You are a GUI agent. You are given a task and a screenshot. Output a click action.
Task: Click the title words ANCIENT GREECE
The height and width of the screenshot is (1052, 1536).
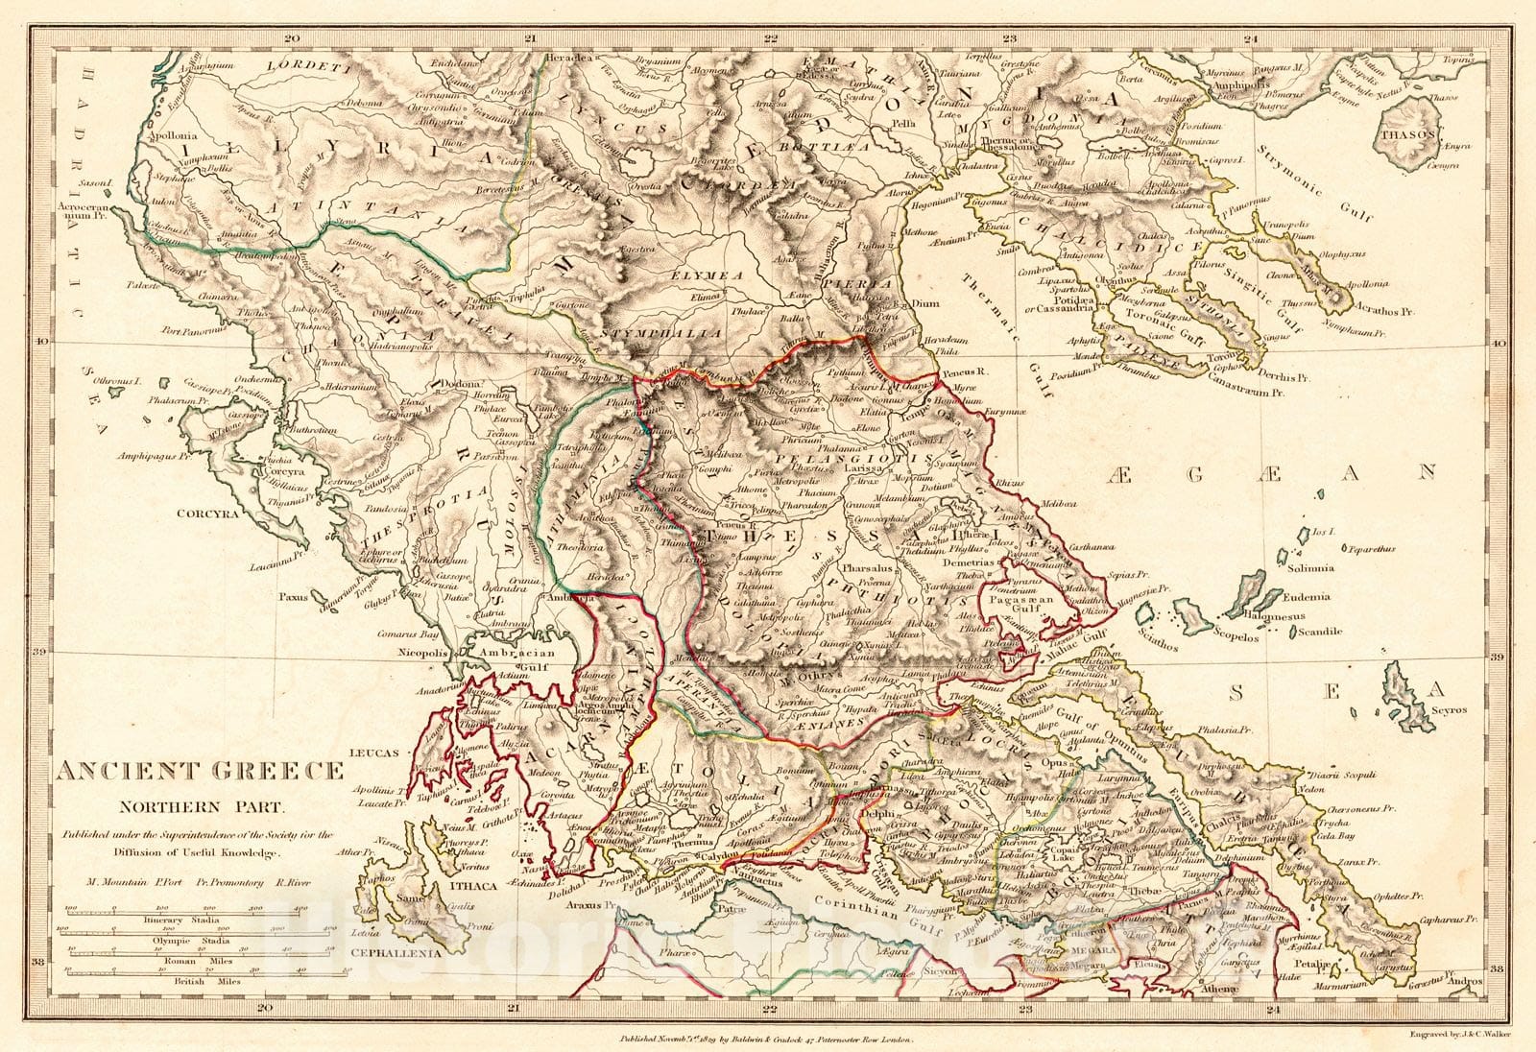click(x=199, y=770)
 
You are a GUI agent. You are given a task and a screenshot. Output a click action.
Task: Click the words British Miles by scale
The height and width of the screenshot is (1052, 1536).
click(x=204, y=983)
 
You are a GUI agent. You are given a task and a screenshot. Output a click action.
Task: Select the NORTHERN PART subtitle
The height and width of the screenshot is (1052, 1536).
click(x=199, y=806)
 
